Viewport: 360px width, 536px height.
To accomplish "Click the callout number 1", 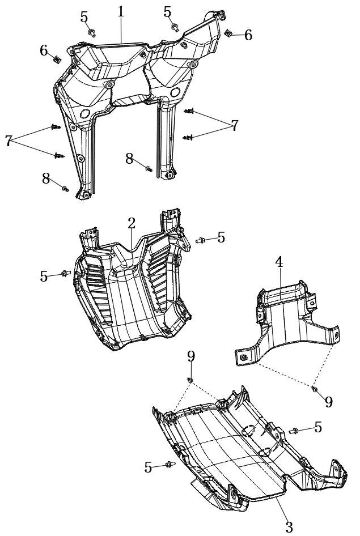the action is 121,12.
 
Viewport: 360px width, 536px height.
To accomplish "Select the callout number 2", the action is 132,224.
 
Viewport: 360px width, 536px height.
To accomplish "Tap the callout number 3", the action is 289,527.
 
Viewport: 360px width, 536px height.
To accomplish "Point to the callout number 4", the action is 279,262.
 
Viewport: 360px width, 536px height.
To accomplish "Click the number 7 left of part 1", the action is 9,141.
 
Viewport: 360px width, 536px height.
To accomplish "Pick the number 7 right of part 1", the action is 235,125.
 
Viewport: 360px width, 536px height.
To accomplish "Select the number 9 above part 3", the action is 191,356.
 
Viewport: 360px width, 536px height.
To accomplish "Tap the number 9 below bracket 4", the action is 329,402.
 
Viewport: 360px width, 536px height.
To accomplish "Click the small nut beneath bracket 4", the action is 315,389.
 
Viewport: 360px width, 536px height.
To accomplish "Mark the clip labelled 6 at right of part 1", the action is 228,33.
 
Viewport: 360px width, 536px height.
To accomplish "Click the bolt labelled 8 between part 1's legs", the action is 149,168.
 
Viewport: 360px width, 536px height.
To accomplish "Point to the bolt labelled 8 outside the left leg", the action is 65,188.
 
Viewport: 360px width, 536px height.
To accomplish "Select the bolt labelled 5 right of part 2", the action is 200,240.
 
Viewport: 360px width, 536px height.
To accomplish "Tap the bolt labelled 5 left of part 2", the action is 66,273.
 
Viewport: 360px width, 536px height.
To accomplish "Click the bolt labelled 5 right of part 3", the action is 293,431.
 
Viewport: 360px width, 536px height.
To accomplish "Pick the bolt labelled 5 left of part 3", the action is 170,464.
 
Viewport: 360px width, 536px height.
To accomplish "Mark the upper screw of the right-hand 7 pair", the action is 189,111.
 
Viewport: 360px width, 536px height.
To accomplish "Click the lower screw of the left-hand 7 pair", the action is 59,156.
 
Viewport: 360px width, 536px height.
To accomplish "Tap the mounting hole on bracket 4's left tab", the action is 243,358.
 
